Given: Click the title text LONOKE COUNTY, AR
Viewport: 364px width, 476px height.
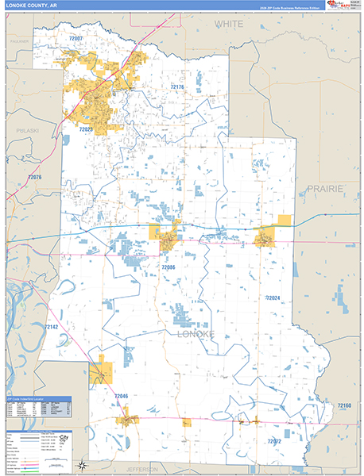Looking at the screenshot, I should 29,5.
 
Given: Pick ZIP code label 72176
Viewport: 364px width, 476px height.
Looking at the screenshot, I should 176,86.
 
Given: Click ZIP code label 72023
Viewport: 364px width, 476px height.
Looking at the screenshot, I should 86,129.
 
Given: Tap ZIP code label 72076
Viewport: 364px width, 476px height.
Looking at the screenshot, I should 34,177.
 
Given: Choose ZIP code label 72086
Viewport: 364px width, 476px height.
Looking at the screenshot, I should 168,268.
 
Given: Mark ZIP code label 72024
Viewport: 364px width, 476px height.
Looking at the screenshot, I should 273,297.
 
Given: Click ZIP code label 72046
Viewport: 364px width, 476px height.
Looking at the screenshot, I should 120,395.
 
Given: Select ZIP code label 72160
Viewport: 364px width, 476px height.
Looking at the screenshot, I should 343,405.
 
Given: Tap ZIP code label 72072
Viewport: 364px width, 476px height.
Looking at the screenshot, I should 274,440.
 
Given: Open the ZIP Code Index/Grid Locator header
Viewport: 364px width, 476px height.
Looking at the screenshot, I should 38,398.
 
